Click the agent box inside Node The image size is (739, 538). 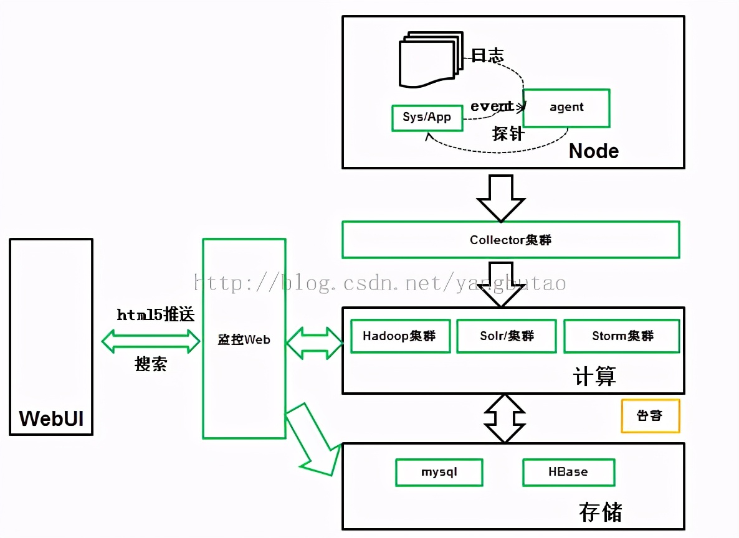click(566, 108)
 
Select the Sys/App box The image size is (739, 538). click(427, 118)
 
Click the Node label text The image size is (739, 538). click(593, 151)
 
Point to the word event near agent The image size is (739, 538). click(491, 106)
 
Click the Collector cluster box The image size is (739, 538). click(510, 240)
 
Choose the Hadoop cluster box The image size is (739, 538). click(400, 336)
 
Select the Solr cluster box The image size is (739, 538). click(506, 336)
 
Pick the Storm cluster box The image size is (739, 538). click(621, 336)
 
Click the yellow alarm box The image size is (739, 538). click(650, 416)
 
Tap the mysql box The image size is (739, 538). click(439, 472)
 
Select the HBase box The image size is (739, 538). click(568, 472)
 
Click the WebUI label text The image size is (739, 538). click(51, 418)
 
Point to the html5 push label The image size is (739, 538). click(156, 315)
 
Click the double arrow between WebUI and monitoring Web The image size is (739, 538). click(150, 341)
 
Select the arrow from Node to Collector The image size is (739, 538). click(501, 197)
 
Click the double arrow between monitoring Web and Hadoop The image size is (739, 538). click(314, 342)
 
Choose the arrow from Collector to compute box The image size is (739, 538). click(501, 283)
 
